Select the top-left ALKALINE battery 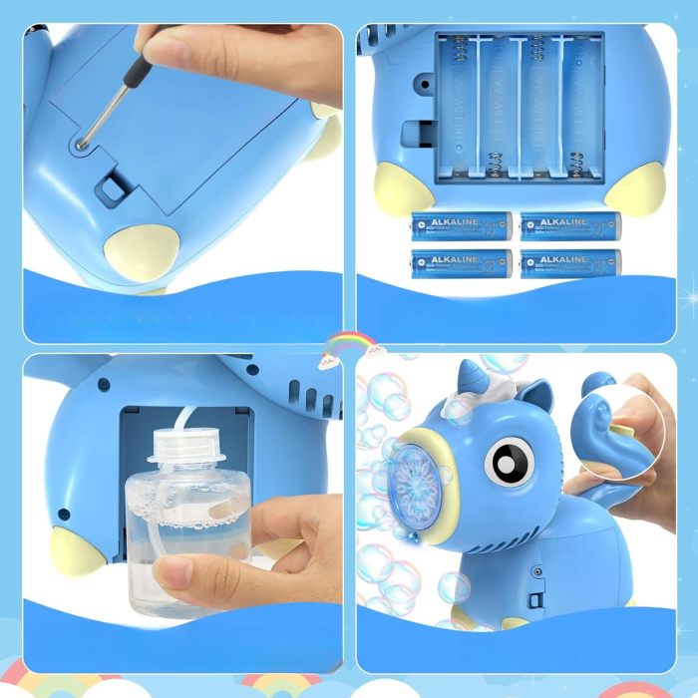pyautogui.click(x=461, y=225)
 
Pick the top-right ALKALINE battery pyautogui.click(x=570, y=225)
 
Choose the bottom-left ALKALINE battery pyautogui.click(x=461, y=263)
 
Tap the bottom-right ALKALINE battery pyautogui.click(x=570, y=263)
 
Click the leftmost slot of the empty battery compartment pyautogui.click(x=459, y=110)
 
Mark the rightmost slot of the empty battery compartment pyautogui.click(x=581, y=110)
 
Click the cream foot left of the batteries pyautogui.click(x=404, y=190)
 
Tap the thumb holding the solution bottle pyautogui.click(x=179, y=573)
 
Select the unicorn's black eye pyautogui.click(x=504, y=462)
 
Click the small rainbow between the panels pyautogui.click(x=349, y=345)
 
